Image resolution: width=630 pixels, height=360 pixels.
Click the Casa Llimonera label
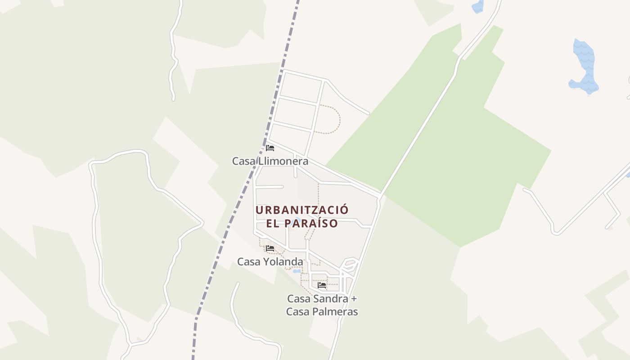[x=270, y=161]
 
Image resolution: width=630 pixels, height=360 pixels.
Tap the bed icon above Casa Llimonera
[x=270, y=148]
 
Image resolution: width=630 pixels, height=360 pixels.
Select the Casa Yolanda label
[x=270, y=261]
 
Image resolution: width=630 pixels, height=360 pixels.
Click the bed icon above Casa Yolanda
[x=270, y=248]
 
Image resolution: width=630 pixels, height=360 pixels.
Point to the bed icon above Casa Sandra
[x=322, y=285]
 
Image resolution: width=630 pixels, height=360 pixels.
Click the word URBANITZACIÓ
[x=302, y=210]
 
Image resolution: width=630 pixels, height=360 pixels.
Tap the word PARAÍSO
[x=314, y=223]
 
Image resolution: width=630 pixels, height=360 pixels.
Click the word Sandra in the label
[x=330, y=298]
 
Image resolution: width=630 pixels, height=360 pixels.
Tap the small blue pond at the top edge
[x=477, y=6]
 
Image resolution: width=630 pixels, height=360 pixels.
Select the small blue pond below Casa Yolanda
[x=297, y=271]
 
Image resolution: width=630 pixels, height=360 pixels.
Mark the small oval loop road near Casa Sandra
[x=350, y=264]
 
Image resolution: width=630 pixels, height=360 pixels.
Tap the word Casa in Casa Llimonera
[x=241, y=161]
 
